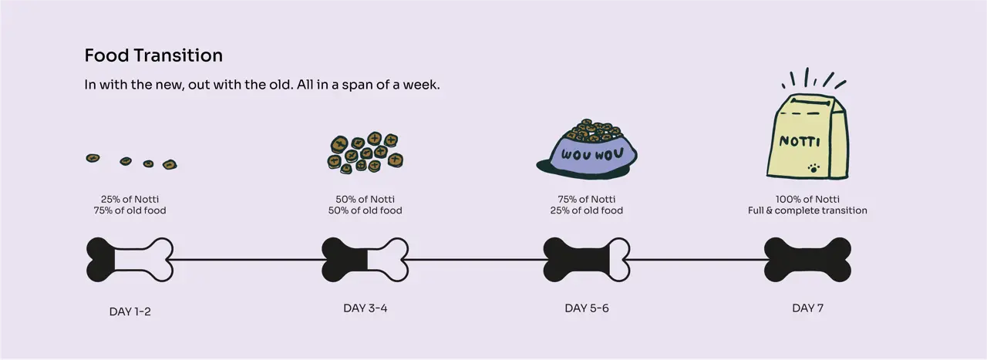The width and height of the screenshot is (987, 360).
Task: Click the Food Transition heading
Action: pyautogui.click(x=153, y=56)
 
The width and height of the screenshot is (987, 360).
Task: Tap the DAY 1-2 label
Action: pyautogui.click(x=130, y=311)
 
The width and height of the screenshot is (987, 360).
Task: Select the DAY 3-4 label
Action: pyautogui.click(x=365, y=308)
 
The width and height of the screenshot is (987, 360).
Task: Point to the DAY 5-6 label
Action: pyautogui.click(x=587, y=308)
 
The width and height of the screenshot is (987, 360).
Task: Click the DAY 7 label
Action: pyautogui.click(x=807, y=308)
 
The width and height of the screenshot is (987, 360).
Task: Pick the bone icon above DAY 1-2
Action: pyautogui.click(x=130, y=260)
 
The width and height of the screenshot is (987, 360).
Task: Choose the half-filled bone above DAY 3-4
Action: pyautogui.click(x=365, y=260)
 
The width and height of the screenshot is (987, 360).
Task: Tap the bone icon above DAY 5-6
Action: pyautogui.click(x=587, y=260)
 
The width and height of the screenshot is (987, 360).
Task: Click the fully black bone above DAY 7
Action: pyautogui.click(x=807, y=260)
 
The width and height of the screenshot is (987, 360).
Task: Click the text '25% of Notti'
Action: pyautogui.click(x=130, y=199)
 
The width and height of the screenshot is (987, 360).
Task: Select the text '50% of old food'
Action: pyautogui.click(x=365, y=210)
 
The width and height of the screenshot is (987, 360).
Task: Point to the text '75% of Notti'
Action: pyautogui.click(x=587, y=199)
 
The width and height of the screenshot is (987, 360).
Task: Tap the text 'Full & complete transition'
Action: pyautogui.click(x=807, y=210)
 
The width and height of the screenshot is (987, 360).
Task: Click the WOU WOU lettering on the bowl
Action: pyautogui.click(x=592, y=154)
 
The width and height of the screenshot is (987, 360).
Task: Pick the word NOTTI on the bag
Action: pyautogui.click(x=800, y=141)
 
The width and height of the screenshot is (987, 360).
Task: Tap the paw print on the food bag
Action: pyautogui.click(x=814, y=168)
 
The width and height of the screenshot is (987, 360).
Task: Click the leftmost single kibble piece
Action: pyautogui.click(x=93, y=158)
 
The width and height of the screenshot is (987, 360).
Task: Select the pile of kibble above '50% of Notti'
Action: pyautogui.click(x=365, y=152)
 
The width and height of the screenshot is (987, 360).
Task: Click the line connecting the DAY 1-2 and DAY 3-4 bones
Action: pyautogui.click(x=248, y=260)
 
